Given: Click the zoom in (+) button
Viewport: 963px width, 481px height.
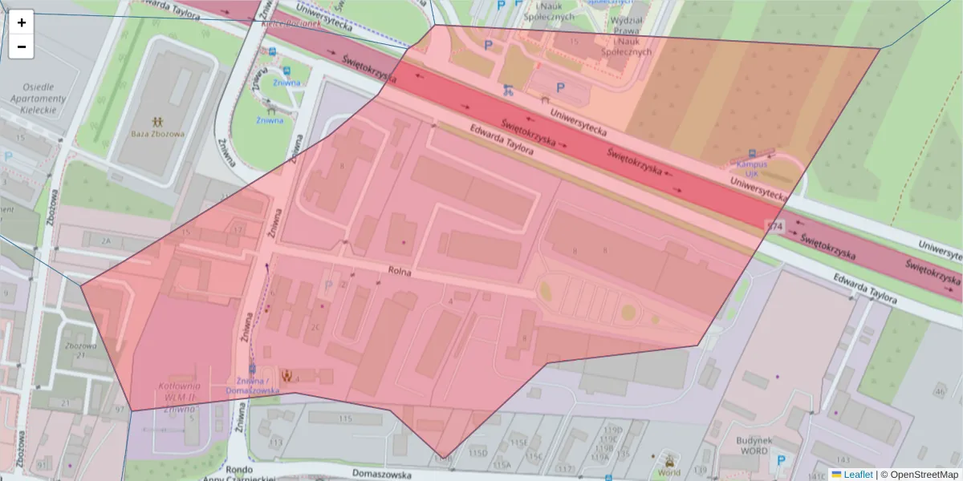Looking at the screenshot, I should coord(22,22).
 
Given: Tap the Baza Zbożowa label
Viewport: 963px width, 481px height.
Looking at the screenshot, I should coord(158,133).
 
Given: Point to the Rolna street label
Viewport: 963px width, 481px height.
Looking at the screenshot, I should coord(399,273).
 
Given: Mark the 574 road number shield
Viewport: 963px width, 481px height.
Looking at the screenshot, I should coord(774,227).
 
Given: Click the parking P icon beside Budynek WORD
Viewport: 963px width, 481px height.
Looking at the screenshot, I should coord(782,461).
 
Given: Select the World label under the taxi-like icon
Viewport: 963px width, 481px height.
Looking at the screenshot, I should coord(668,473).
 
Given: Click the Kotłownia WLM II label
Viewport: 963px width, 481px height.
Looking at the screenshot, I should coord(178,391).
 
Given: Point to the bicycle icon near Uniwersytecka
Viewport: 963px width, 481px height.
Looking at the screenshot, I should coord(506,90).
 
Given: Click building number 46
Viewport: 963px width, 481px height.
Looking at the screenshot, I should coord(939,391).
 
